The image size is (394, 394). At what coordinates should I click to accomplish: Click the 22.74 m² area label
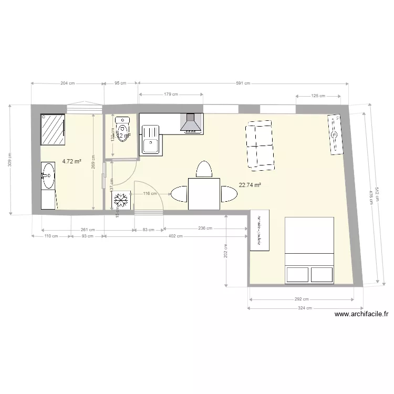pyautogui.click(x=250, y=185)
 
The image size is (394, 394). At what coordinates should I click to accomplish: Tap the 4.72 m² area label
pyautogui.click(x=71, y=162)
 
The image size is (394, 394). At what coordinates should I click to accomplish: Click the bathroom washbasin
pyautogui.click(x=48, y=174)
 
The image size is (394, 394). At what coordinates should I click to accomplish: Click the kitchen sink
pyautogui.click(x=151, y=139)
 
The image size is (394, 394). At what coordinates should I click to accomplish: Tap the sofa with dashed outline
pyautogui.click(x=260, y=145)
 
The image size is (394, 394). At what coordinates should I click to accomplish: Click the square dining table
pyautogui.click(x=204, y=194)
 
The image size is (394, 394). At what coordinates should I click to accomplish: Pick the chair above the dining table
pyautogui.click(x=203, y=170)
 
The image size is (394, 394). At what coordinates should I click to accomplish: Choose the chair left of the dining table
pyautogui.click(x=178, y=194)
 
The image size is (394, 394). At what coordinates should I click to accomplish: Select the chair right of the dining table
pyautogui.click(x=229, y=194)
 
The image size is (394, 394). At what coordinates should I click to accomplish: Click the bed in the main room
pyautogui.click(x=309, y=250)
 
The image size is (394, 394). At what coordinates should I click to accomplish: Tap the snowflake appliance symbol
pyautogui.click(x=121, y=200)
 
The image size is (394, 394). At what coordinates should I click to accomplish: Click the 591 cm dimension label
pyautogui.click(x=243, y=83)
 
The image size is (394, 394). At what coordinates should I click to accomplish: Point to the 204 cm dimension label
pyautogui.click(x=67, y=83)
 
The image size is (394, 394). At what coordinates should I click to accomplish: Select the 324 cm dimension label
pyautogui.click(x=305, y=308)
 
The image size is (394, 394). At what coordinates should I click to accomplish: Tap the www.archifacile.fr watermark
pyautogui.click(x=361, y=315)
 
